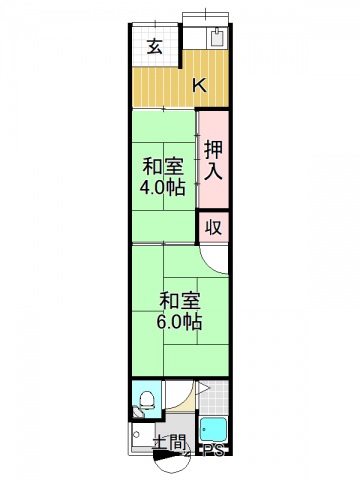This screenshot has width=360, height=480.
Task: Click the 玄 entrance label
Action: pyautogui.click(x=155, y=45)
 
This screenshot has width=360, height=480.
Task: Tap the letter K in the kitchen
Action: pyautogui.click(x=199, y=85)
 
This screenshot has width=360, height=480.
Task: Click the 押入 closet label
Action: pyautogui.click(x=214, y=160)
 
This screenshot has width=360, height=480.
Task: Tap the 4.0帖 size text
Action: pyautogui.click(x=162, y=188)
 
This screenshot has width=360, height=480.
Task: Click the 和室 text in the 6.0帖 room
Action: pyautogui.click(x=179, y=300)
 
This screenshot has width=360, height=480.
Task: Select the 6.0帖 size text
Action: pyautogui.click(x=179, y=322)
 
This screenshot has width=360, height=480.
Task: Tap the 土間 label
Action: pyautogui.click(x=167, y=443)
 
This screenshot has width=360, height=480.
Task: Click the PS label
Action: pyautogui.click(x=213, y=452)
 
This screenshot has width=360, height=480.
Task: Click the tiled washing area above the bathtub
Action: pyautogui.click(x=214, y=398)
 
